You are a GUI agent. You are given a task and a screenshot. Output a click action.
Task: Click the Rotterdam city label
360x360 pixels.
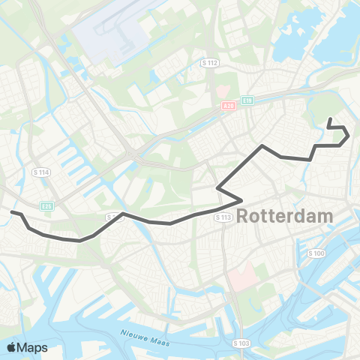[x=285, y=216]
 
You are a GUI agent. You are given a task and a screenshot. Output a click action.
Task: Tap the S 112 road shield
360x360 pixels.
[x=209, y=63]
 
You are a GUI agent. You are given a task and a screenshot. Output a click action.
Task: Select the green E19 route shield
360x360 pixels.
[x=247, y=99]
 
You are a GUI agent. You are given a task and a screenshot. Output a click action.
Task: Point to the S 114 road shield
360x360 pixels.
[x=41, y=172]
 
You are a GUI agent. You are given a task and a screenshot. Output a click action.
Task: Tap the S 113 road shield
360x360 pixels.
[x=223, y=217]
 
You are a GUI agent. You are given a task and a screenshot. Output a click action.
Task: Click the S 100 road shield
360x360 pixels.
[x=316, y=253]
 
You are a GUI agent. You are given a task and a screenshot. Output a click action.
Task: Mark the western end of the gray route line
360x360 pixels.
[x=11, y=212]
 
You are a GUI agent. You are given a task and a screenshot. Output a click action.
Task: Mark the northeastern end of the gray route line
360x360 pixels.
[x=330, y=118]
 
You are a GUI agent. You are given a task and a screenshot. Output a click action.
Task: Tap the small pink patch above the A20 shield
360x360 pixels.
[x=223, y=90]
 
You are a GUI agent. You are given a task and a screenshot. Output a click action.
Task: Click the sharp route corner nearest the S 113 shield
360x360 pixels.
[x=240, y=199]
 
